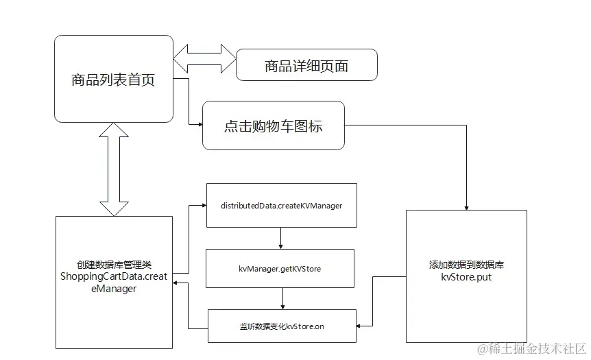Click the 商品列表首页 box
[114, 80]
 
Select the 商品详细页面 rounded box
[306, 65]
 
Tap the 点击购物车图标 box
[273, 126]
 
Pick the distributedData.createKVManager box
[281, 205]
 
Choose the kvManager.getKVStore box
[280, 269]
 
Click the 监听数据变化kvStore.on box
[282, 326]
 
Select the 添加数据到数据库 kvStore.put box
[466, 276]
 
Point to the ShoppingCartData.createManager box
[114, 281]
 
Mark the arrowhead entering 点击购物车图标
[200, 124]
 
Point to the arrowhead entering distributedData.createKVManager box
[204, 205]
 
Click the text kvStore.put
[466, 278]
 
